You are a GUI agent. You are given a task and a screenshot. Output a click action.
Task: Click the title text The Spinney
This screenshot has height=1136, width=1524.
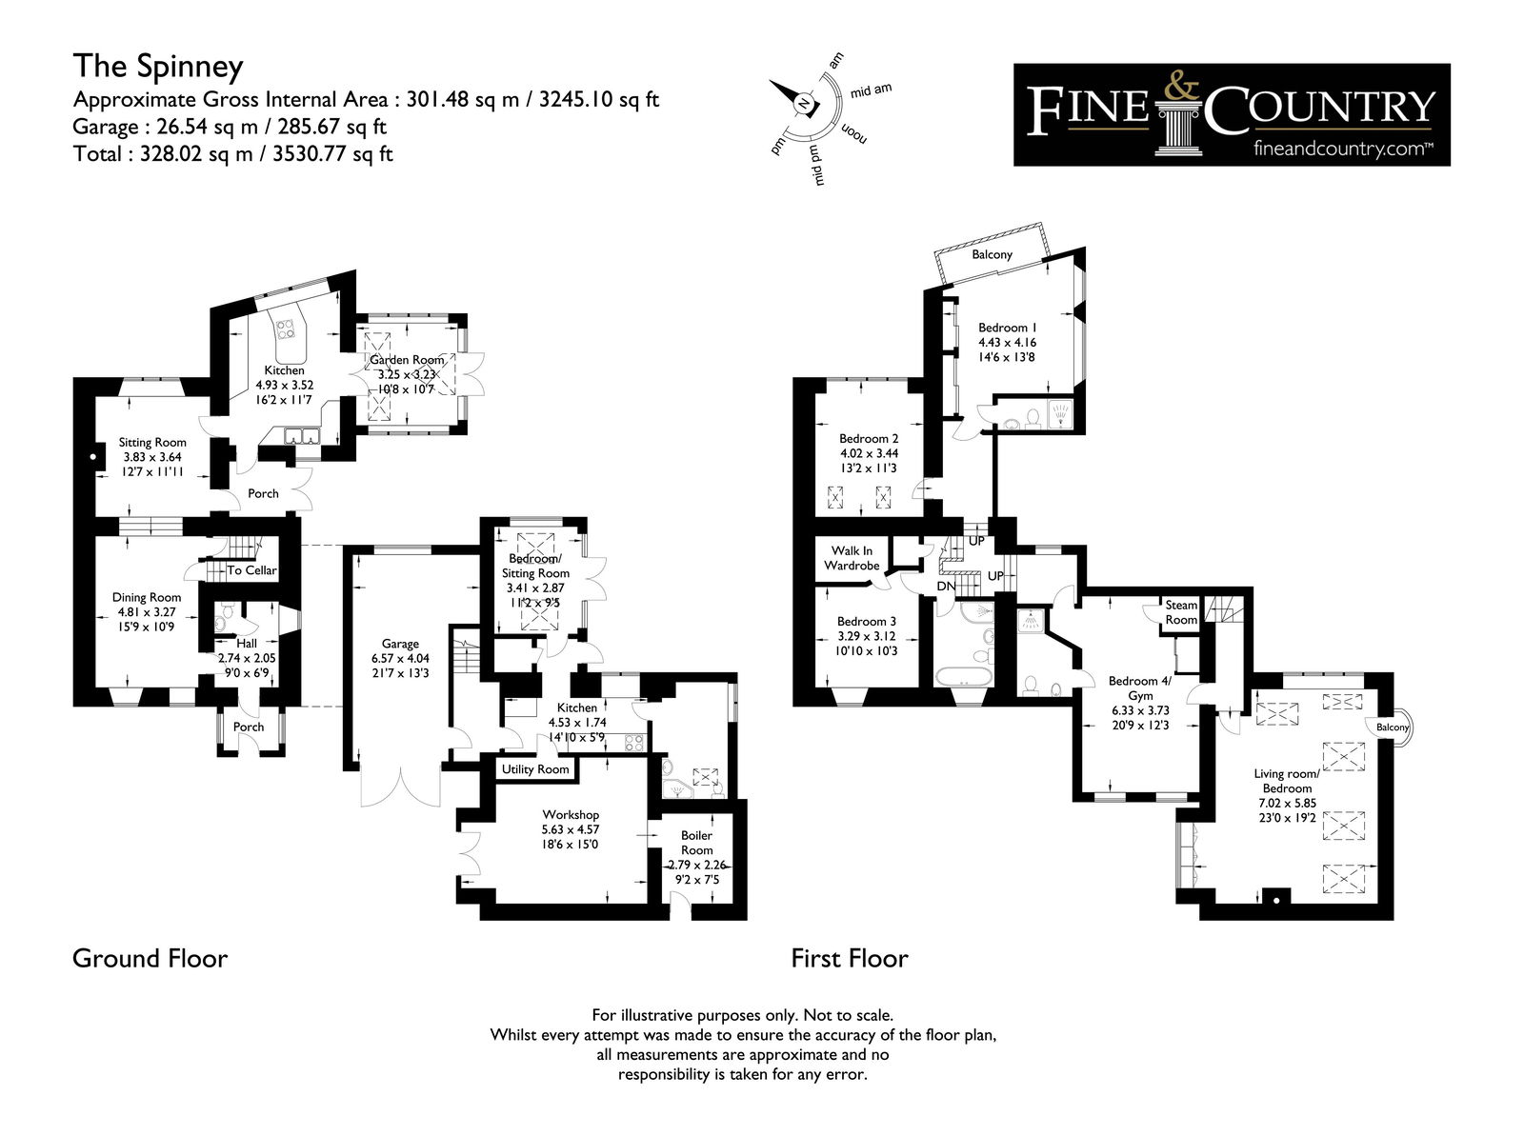click(158, 67)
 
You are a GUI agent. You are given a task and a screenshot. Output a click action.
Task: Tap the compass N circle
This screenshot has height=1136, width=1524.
click(804, 104)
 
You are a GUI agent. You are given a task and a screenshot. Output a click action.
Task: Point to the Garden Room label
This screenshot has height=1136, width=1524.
click(406, 360)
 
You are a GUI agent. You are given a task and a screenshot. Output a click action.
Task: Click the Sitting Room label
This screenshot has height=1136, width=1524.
click(152, 442)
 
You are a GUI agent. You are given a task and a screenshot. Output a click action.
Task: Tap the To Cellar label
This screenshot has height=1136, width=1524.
click(252, 570)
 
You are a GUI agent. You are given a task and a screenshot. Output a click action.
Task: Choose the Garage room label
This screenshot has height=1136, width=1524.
click(400, 644)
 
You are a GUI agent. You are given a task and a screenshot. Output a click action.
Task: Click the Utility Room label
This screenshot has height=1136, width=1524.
click(535, 768)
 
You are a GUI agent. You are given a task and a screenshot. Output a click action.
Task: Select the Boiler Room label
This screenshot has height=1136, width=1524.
click(696, 843)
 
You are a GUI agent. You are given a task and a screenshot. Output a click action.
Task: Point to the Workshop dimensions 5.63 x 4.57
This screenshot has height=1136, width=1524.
click(571, 829)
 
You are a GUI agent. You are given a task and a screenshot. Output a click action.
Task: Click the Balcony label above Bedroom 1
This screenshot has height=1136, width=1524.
click(992, 254)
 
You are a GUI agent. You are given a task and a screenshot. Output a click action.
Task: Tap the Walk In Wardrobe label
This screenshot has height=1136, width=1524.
click(852, 558)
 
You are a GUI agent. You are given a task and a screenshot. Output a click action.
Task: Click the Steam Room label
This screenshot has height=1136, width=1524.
click(1181, 612)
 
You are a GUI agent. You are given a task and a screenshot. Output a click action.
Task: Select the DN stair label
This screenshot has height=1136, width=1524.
click(947, 587)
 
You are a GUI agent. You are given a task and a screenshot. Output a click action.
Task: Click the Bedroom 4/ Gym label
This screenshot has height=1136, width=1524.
click(1140, 688)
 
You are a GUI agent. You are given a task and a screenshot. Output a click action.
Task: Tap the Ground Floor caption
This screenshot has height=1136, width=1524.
click(150, 958)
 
